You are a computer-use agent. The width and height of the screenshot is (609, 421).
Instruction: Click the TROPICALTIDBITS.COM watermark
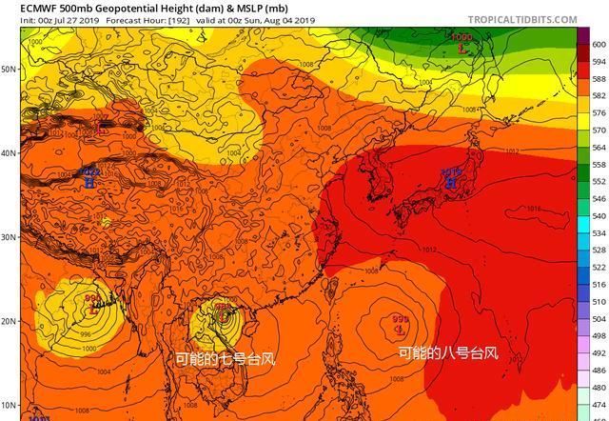[522, 19]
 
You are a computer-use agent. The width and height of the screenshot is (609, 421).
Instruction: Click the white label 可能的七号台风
[226, 360]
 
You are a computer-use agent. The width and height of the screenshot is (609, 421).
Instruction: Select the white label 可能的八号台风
[447, 353]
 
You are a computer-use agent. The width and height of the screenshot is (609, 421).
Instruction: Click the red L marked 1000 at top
[462, 45]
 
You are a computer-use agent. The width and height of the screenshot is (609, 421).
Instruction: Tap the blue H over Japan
[451, 179]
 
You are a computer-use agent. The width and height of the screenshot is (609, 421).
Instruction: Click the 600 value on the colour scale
[599, 45]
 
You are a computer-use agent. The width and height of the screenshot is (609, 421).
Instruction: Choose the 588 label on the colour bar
[599, 78]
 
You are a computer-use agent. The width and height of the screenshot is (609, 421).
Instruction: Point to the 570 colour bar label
[599, 130]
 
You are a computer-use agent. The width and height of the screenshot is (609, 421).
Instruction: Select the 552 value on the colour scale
[599, 181]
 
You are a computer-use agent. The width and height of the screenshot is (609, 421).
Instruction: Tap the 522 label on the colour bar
[599, 268]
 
